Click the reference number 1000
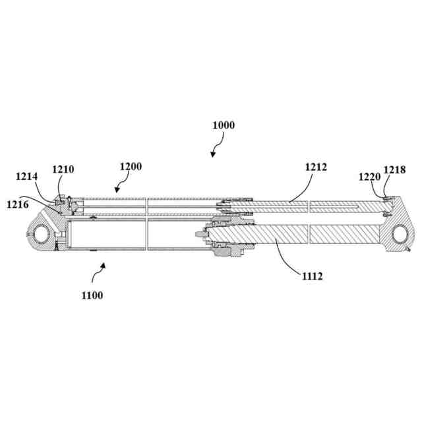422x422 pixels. click(224, 125)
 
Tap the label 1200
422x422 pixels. click(130, 167)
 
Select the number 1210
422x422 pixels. click(64, 169)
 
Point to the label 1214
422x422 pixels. click(27, 176)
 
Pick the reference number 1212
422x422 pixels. click(316, 167)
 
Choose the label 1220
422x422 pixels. click(369, 177)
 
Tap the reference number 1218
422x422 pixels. click(395, 170)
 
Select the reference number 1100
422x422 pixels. click(92, 295)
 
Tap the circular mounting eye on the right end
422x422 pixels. click(400, 233)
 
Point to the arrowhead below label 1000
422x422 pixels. click(212, 155)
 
